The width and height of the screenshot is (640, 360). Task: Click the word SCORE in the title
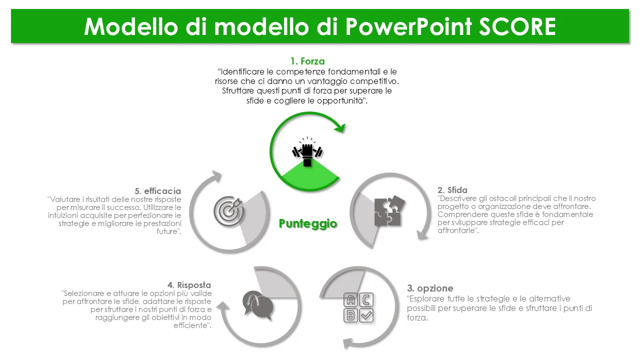(x=517, y=26)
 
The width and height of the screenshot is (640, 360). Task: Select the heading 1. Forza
(x=307, y=61)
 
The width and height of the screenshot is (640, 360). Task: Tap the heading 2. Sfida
(x=452, y=190)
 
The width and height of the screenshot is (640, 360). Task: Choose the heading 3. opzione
(x=430, y=288)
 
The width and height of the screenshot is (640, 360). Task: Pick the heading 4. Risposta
(x=189, y=285)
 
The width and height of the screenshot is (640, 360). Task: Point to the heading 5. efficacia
(x=158, y=191)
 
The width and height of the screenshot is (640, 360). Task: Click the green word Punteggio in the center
(x=308, y=223)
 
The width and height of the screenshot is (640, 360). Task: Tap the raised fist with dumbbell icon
(x=307, y=151)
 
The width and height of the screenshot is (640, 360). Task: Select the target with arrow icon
(x=228, y=211)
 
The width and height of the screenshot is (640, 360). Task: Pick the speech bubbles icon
(x=257, y=305)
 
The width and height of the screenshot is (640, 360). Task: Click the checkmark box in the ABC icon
(x=366, y=315)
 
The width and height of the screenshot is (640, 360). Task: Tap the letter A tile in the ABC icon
(x=350, y=300)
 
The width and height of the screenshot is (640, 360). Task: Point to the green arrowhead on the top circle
(x=340, y=127)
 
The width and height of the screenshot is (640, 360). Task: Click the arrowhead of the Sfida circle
(x=422, y=235)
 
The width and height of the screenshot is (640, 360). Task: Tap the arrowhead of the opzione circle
(x=348, y=343)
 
